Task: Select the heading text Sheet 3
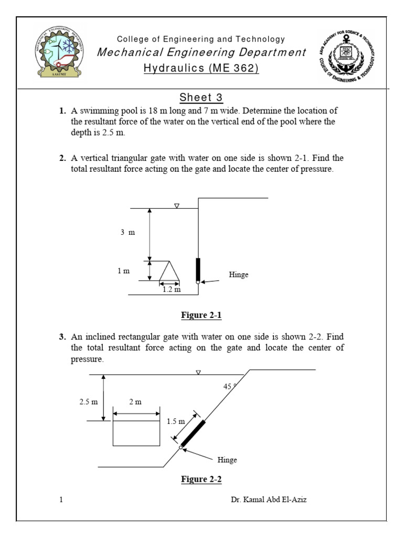[x=201, y=98]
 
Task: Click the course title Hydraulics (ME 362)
[x=201, y=68]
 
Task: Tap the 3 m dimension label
[x=128, y=232]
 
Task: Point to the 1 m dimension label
[x=123, y=271]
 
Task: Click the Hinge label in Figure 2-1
[x=239, y=275]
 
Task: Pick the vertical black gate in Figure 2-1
[x=198, y=269]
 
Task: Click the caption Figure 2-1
[x=201, y=315]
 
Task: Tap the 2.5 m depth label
[x=89, y=402]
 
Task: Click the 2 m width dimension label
[x=135, y=402]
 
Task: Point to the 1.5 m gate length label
[x=176, y=421]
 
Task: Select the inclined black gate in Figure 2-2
[x=193, y=434]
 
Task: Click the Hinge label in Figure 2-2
[x=227, y=460]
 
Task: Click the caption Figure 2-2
[x=201, y=479]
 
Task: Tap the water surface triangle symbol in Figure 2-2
[x=198, y=372]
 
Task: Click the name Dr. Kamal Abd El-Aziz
[x=269, y=500]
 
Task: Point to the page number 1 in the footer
[x=61, y=500]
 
